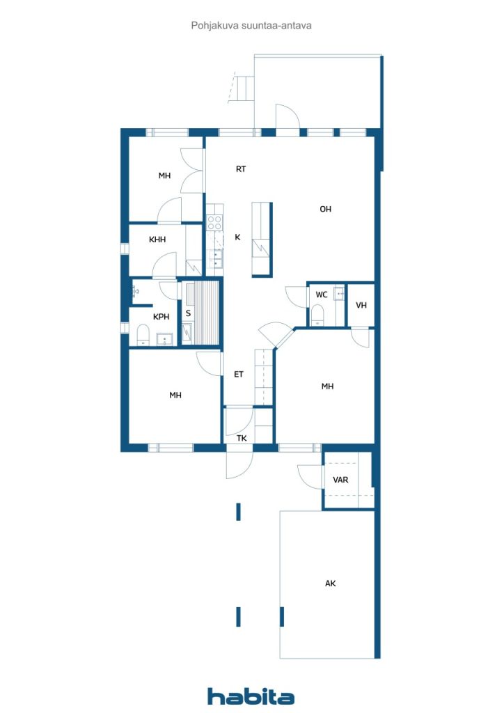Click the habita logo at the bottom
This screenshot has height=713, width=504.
[251, 696]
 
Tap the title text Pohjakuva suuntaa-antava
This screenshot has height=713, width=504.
[251, 24]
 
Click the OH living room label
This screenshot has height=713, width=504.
[325, 209]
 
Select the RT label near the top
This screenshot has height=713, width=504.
[241, 169]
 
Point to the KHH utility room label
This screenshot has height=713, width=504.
[157, 240]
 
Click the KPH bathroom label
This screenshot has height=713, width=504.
[161, 317]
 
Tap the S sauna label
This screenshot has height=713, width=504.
[188, 313]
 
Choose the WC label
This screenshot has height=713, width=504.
[321, 295]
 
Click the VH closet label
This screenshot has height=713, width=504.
[361, 305]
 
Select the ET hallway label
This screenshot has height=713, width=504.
[239, 374]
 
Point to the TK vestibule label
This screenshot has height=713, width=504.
[242, 438]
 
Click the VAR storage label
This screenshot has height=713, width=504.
[340, 480]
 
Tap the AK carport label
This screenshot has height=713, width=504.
[331, 583]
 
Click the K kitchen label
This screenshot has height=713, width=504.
[237, 237]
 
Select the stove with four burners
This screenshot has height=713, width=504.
[214, 223]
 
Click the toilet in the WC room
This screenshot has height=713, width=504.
[317, 318]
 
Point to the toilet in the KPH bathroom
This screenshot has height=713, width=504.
[143, 336]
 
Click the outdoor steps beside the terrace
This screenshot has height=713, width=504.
[244, 88]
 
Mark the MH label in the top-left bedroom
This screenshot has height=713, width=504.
[164, 175]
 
